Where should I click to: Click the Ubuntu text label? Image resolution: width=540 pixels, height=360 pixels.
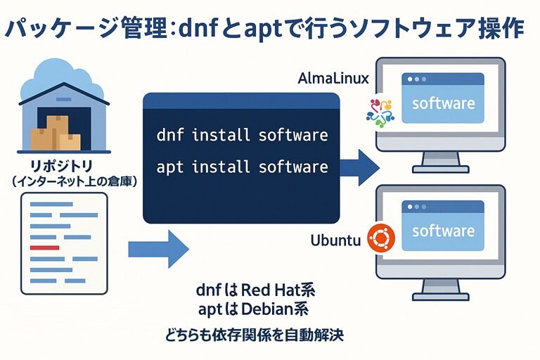tap(335, 241)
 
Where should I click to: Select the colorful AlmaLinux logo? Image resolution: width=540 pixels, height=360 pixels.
tap(380, 110)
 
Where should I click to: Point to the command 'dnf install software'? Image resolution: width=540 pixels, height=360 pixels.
tap(242, 134)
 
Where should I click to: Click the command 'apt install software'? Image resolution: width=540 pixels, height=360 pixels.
tap(242, 167)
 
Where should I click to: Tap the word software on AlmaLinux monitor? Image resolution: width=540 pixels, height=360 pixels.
tap(443, 104)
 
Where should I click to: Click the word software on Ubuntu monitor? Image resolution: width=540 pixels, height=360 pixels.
tap(443, 231)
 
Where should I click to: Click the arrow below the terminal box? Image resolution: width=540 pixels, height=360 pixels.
tap(158, 248)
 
